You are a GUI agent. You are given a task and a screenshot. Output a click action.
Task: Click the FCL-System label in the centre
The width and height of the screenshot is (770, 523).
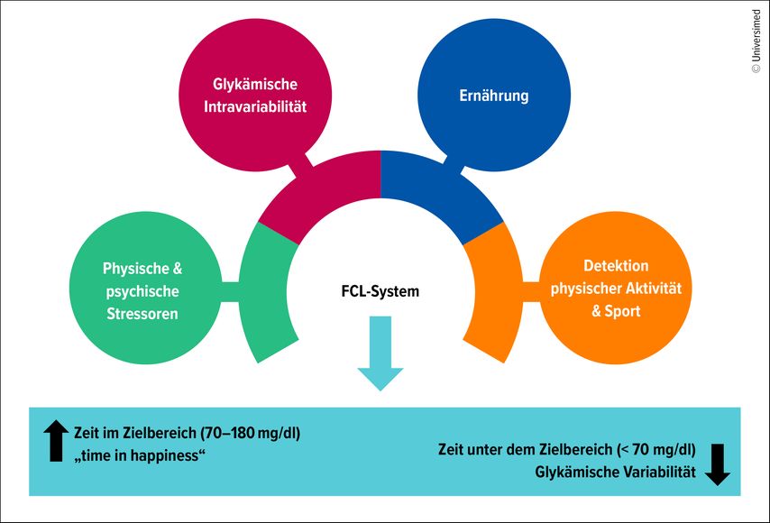point(380,291)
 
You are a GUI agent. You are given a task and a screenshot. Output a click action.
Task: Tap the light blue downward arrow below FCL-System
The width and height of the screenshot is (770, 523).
point(380,353)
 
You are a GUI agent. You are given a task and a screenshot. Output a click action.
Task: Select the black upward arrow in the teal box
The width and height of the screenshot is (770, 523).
point(56,441)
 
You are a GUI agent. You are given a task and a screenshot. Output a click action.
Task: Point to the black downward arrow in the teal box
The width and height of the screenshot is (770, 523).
point(718,464)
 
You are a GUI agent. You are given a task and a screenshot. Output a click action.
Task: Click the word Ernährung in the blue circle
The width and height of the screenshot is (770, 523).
point(494,96)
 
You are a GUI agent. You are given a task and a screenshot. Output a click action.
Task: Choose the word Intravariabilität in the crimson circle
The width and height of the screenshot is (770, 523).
point(255,106)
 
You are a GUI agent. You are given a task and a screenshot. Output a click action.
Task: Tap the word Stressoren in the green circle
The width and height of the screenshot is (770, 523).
point(142,314)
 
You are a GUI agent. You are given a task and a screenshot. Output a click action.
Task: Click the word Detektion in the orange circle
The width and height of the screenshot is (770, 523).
point(616,266)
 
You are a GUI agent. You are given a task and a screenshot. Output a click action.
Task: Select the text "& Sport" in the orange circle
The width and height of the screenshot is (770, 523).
point(616,311)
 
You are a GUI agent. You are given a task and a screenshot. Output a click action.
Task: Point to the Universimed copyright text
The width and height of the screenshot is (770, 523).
point(756,41)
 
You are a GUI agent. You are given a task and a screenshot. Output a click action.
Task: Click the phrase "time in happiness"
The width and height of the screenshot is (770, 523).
point(139,455)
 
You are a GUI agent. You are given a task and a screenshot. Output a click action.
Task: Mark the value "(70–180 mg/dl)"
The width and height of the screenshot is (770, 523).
point(251,433)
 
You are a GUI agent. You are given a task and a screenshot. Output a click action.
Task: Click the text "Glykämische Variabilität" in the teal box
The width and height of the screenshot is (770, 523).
point(615,472)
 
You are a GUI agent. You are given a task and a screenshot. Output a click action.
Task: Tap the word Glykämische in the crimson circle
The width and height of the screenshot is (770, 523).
point(255,84)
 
